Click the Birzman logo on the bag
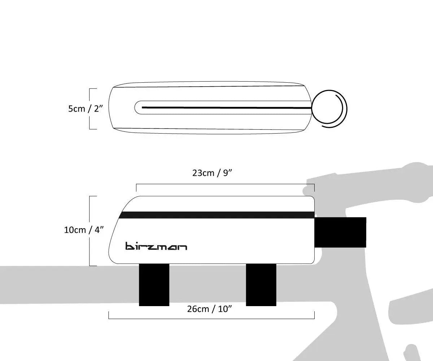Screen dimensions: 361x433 [156, 246]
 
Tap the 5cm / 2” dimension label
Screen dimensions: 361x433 [86, 108]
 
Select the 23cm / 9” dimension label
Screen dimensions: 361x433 [212, 173]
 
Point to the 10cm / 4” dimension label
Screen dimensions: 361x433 [84, 230]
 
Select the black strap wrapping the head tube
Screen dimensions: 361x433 [341, 232]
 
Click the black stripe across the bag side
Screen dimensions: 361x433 [216, 215]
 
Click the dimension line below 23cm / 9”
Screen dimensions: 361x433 [225, 184]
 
